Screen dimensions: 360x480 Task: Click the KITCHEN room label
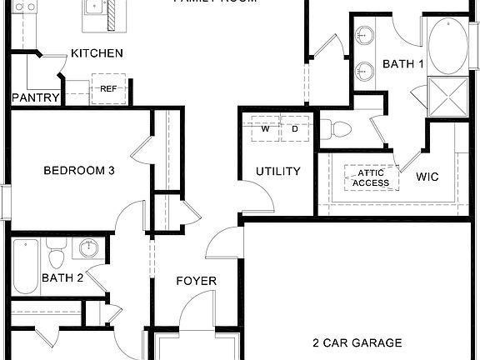[x=97, y=53]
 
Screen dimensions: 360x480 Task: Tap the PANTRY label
[x=36, y=97]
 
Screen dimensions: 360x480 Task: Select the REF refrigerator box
[x=108, y=88]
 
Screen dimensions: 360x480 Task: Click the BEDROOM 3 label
[x=78, y=171]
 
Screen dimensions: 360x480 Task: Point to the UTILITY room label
[x=277, y=172]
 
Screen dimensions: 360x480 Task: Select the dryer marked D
[x=294, y=129]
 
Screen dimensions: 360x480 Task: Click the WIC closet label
[x=427, y=177]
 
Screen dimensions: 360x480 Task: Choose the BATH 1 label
[x=403, y=64]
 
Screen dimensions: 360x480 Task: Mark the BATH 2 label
[x=62, y=278]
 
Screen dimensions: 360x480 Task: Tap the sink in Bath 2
[x=86, y=248]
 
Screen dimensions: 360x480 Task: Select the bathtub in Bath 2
[x=26, y=267]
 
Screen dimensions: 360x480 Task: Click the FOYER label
[x=196, y=281]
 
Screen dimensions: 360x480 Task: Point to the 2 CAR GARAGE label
[x=357, y=342]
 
